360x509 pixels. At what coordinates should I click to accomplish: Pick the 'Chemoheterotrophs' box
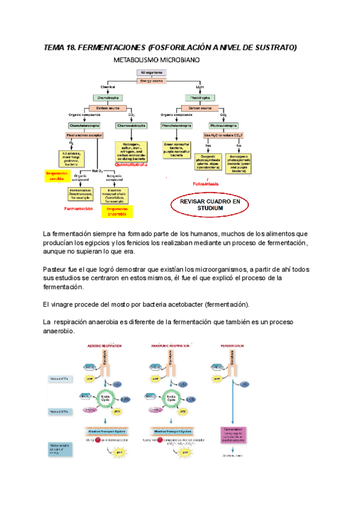click(83, 125)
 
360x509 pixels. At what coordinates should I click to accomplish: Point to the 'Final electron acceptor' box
click(84, 136)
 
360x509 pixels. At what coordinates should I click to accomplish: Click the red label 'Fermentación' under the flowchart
click(78, 209)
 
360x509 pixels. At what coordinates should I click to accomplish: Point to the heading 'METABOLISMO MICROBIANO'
click(158, 60)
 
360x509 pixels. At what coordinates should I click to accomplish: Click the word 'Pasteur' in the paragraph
click(56, 270)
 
